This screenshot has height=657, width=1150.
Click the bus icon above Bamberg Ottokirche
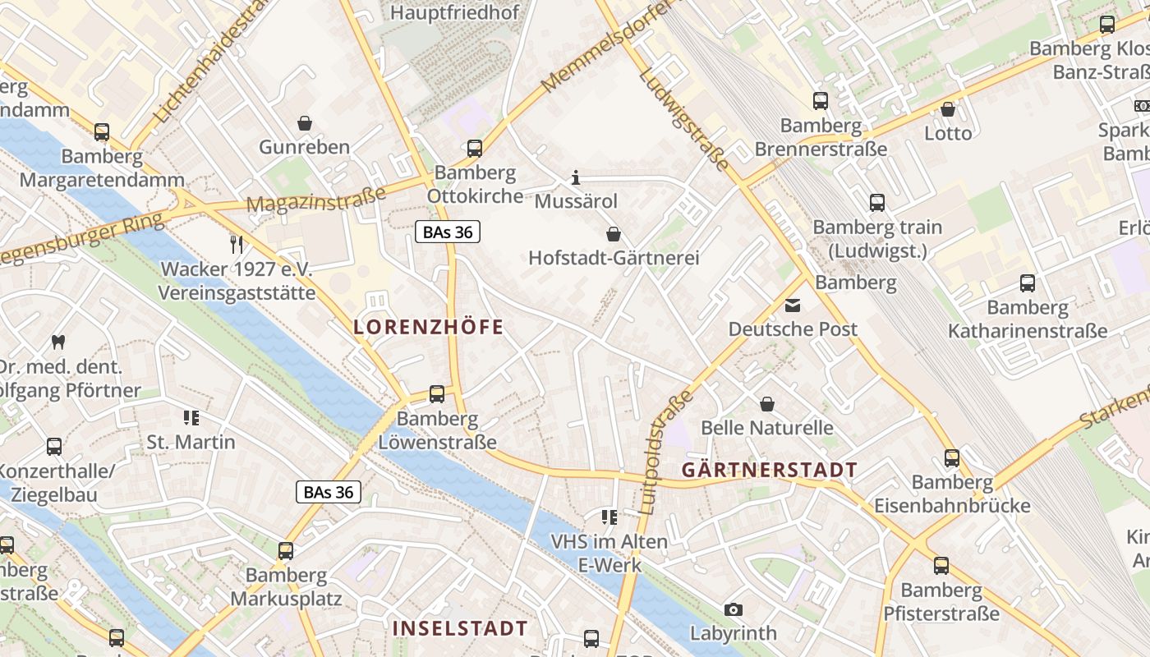tap(475, 149)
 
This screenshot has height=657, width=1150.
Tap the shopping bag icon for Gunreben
tap(305, 123)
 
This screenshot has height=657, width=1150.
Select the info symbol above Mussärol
tap(576, 177)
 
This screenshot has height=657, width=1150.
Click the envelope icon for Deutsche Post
tap(793, 306)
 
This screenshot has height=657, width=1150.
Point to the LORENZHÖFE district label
tap(428, 327)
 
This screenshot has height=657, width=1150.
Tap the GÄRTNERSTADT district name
tap(769, 470)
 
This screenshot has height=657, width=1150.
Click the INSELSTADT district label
tap(460, 628)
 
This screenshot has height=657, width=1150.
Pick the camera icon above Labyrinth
tap(734, 609)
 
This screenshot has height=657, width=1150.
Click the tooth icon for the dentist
tap(57, 342)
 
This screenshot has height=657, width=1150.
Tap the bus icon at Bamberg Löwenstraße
tap(437, 394)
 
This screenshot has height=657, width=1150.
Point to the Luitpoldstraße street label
tap(665, 452)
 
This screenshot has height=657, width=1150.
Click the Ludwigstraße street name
tap(683, 119)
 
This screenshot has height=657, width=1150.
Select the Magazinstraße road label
tap(316, 200)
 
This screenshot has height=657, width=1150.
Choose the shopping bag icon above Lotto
tap(948, 108)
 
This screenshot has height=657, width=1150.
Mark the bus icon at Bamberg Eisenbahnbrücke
tap(952, 457)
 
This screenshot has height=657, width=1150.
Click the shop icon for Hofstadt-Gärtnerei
tap(613, 234)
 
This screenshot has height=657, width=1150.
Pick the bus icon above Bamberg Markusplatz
tap(286, 550)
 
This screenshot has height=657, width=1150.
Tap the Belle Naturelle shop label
tap(766, 428)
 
